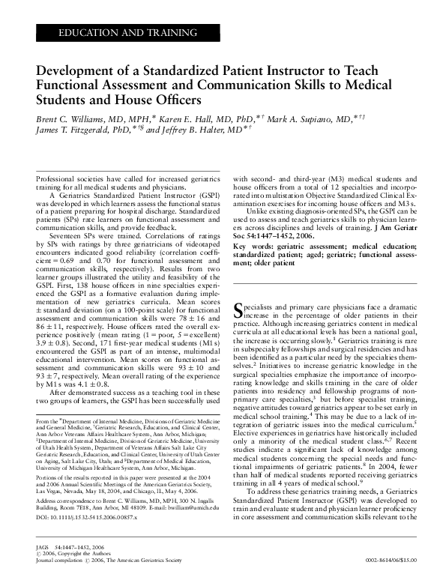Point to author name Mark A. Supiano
pos(304,118)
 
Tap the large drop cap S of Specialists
pos(240,331)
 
